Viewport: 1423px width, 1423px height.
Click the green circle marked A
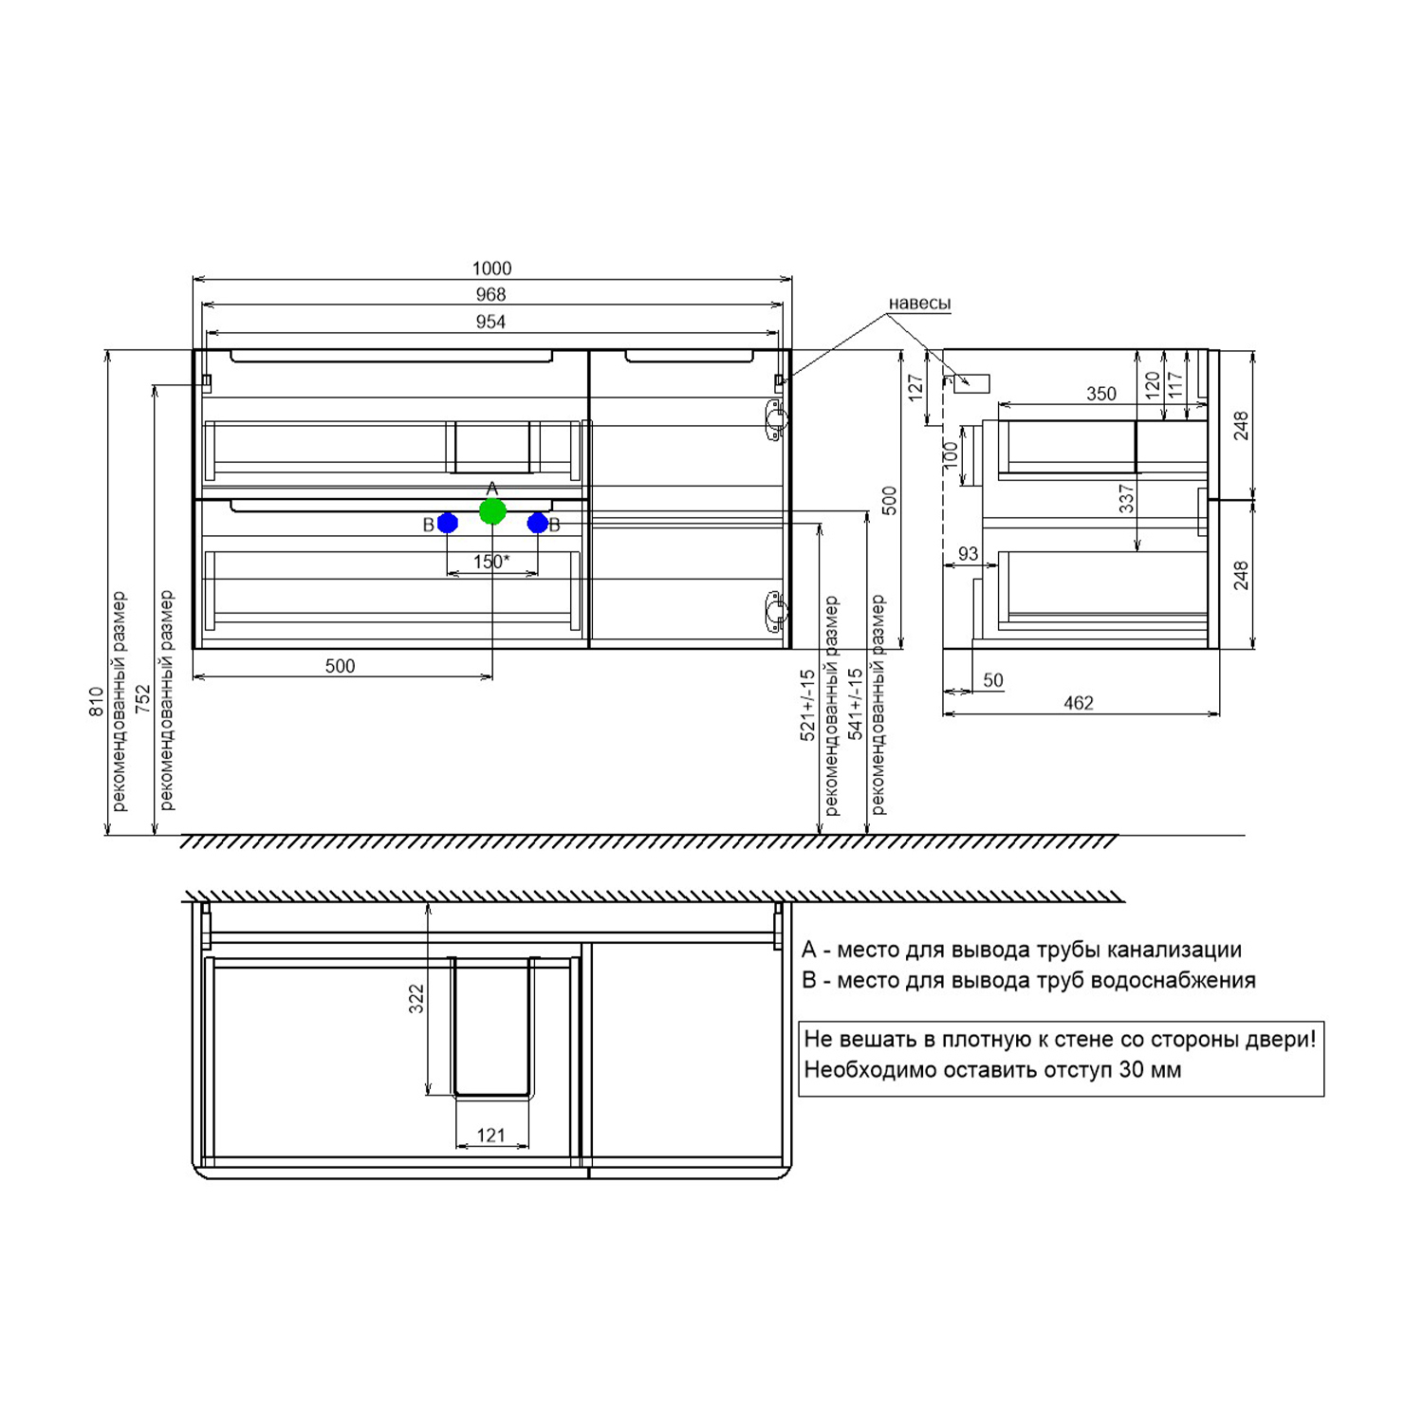pyautogui.click(x=492, y=511)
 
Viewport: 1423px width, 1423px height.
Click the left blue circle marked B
pyautogui.click(x=448, y=523)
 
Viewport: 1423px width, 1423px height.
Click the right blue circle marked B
pyautogui.click(x=538, y=523)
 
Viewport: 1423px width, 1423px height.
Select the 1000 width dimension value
pyautogui.click(x=491, y=268)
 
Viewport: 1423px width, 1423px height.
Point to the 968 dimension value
pyautogui.click(x=490, y=295)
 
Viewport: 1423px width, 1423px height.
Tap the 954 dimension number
pyautogui.click(x=490, y=322)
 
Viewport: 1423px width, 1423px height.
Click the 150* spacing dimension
pyautogui.click(x=491, y=562)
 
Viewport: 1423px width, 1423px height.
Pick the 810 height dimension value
pyautogui.click(x=96, y=702)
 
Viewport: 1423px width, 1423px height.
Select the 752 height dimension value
pyautogui.click(x=143, y=699)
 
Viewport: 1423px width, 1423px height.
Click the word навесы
pyautogui.click(x=919, y=304)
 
